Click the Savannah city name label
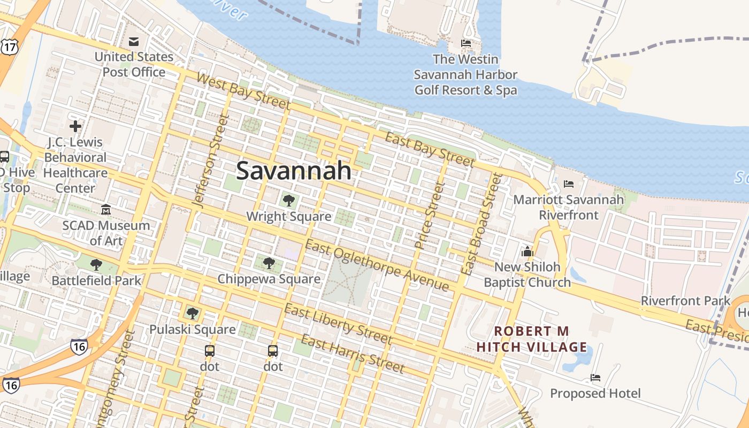click(x=294, y=171)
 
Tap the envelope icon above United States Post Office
click(x=134, y=42)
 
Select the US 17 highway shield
click(x=9, y=47)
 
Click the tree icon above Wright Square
click(x=289, y=201)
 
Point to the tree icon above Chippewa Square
click(x=269, y=263)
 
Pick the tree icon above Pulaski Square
click(x=193, y=314)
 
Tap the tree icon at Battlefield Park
click(x=96, y=264)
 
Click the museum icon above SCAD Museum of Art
click(x=106, y=209)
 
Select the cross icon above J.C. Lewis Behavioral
click(x=75, y=126)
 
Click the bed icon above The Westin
click(x=466, y=43)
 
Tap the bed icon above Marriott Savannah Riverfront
click(x=569, y=184)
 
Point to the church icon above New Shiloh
click(x=528, y=251)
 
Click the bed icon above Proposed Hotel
click(x=595, y=378)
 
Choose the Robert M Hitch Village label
click(x=532, y=339)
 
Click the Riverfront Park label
click(x=685, y=301)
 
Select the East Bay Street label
click(x=430, y=150)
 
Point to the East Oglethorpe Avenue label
click(x=377, y=265)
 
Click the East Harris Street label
click(x=353, y=354)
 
